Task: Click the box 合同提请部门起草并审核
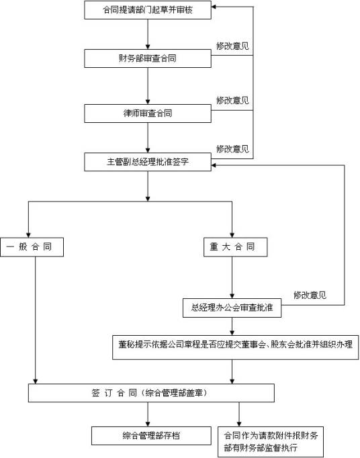(x=148, y=9)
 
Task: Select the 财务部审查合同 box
(x=148, y=58)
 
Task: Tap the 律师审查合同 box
(x=148, y=112)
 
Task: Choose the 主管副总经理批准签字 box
(x=148, y=162)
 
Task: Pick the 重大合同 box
(x=232, y=247)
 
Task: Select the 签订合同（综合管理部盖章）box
(x=150, y=392)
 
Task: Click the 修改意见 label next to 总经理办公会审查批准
(x=310, y=295)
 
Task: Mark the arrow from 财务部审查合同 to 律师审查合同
(x=148, y=85)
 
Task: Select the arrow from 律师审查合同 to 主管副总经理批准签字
(x=148, y=137)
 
